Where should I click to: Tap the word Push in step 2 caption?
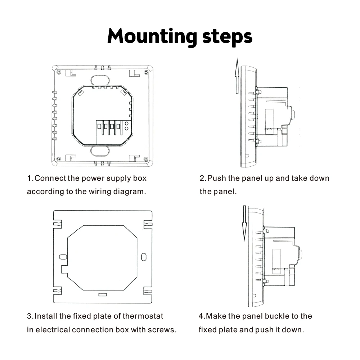(x=216, y=178)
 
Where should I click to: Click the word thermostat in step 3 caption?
(x=143, y=316)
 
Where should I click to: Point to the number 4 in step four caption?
(x=201, y=316)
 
